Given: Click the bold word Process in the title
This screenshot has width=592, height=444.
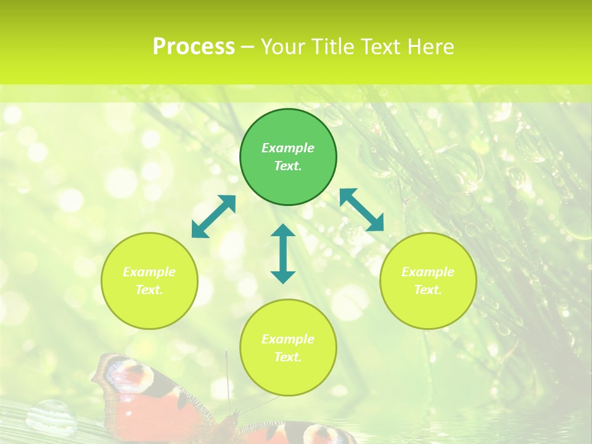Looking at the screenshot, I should point(194,47).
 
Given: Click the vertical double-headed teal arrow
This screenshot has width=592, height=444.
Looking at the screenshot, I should point(283,253).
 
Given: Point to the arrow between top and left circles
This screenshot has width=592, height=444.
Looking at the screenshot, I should point(213,216).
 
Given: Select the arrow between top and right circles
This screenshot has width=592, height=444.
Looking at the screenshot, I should point(362,209).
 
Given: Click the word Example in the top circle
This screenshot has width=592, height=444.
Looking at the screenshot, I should point(288,148).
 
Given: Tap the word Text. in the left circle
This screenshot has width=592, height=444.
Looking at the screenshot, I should point(149,290).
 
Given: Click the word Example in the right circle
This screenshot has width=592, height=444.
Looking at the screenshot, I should point(428,272).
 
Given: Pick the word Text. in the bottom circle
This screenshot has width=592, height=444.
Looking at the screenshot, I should point(288,357).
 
